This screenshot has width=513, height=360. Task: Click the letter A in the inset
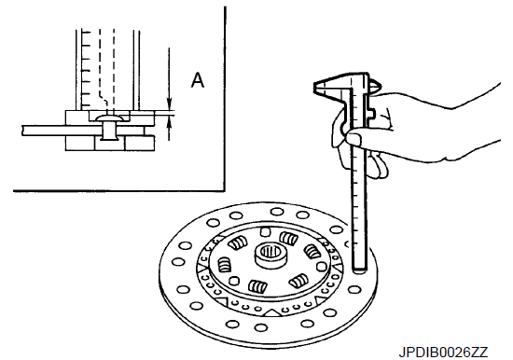pyautogui.click(x=198, y=80)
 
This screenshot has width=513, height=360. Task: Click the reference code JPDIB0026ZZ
pyautogui.click(x=443, y=353)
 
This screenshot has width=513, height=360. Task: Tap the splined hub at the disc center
pyautogui.click(x=270, y=256)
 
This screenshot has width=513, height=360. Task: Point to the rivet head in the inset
pyautogui.click(x=108, y=118)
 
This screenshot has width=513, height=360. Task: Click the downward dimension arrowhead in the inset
pyautogui.click(x=169, y=105)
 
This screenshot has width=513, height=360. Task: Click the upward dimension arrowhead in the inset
pyautogui.click(x=169, y=122)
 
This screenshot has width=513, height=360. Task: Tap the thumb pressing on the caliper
pyautogui.click(x=355, y=137)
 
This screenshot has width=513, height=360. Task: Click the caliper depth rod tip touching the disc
pyautogui.click(x=359, y=270)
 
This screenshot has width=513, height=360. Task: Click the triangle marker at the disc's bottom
pyautogui.click(x=272, y=312)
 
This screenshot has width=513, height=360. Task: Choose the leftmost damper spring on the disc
pyautogui.click(x=225, y=265)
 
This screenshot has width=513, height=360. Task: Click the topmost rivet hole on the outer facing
pyautogui.click(x=277, y=212)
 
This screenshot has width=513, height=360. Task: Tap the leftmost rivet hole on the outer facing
pyautogui.click(x=178, y=262)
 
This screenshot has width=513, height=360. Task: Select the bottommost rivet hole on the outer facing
pyautogui.click(x=260, y=327)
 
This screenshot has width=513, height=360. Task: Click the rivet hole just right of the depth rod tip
pyautogui.click(x=354, y=290)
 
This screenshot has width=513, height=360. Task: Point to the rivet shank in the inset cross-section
pyautogui.click(x=108, y=131)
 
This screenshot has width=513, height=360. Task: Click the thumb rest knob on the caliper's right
pyautogui.click(x=375, y=86)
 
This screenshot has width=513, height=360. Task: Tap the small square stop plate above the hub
pyautogui.click(x=265, y=231)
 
